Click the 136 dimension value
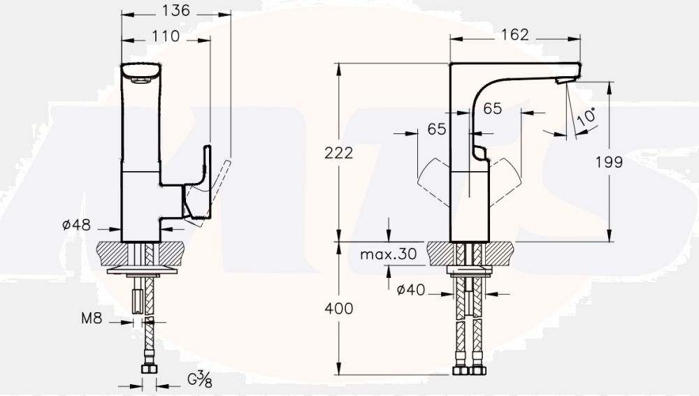click(175, 11)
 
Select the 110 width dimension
click(165, 36)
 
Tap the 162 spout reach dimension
click(514, 35)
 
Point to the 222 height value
click(339, 154)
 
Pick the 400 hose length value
click(339, 308)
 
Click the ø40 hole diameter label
click(410, 290)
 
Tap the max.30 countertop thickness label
click(388, 255)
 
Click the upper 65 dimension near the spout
click(492, 108)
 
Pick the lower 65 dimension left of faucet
click(437, 130)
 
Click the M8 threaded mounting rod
click(138, 300)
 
